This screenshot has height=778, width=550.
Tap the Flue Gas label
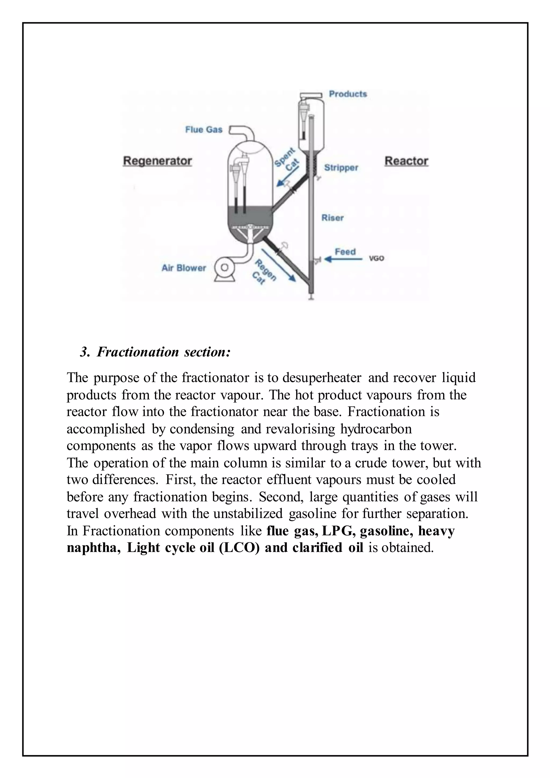coord(204,129)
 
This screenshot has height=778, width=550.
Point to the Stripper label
coord(341,167)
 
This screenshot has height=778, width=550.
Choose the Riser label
coord(332,218)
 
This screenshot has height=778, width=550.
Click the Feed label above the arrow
coord(345,251)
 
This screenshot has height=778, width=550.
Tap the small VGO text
coord(376,258)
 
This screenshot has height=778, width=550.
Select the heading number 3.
coord(85,352)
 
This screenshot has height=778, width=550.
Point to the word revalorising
coord(300,429)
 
